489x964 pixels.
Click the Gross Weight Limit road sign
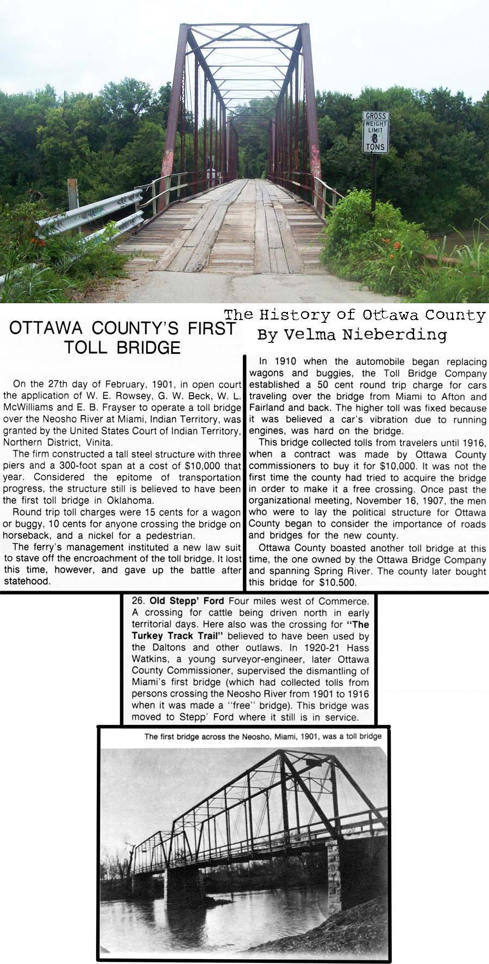click(x=375, y=132)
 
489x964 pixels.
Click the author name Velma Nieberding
click(x=352, y=335)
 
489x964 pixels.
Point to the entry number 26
click(x=137, y=601)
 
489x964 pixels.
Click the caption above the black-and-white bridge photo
click(x=262, y=737)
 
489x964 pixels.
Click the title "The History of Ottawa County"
click(x=354, y=316)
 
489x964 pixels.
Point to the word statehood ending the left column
click(x=27, y=581)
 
